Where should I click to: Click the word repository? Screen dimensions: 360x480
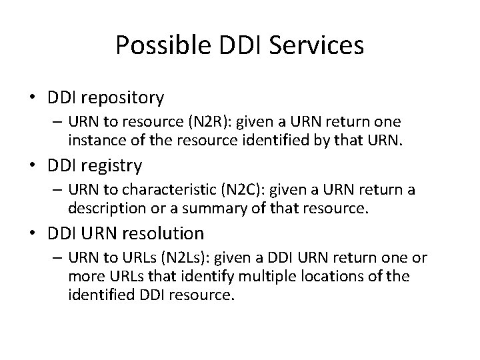tap(124, 98)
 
